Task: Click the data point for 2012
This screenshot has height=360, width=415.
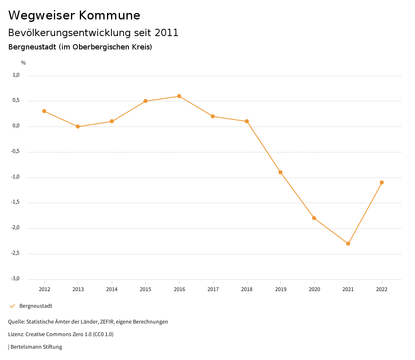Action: coord(44,111)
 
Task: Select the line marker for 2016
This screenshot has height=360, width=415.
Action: coord(179,96)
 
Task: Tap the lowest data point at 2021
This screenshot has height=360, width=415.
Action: coord(348,244)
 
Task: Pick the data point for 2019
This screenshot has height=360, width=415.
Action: coord(280,172)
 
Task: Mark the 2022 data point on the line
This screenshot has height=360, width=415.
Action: coord(382,182)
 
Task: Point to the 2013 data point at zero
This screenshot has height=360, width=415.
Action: coord(78,126)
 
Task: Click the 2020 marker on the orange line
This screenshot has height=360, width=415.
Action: coord(314,218)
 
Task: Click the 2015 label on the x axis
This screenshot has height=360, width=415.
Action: coord(145,289)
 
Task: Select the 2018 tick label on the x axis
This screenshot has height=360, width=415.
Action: coord(247,289)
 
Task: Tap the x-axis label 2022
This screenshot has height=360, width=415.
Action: coord(382,289)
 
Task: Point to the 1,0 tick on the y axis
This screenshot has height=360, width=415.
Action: coord(16,75)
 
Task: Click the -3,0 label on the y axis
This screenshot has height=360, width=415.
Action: coord(15,279)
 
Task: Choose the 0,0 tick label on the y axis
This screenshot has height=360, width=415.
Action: coord(16,126)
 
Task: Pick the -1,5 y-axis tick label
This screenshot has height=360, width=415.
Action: coord(15,202)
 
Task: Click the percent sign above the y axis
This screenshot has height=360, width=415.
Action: coord(24,63)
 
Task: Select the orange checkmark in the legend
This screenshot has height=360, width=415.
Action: coord(12,306)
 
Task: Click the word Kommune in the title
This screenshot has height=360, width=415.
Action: coord(109,15)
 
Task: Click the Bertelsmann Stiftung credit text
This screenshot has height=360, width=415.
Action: coord(36,347)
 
